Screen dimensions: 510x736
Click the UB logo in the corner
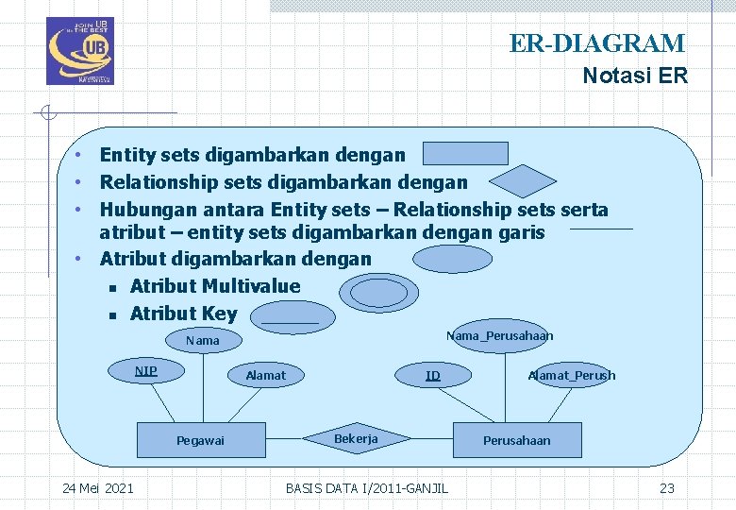79,51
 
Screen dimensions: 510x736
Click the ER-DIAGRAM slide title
597,43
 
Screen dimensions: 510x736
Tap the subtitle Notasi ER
635,76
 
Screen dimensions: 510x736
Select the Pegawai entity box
200,440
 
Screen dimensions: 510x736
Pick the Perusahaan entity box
516,440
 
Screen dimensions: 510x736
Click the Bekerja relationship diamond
356,439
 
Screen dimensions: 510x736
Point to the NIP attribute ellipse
146,371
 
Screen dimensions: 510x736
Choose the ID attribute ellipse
432,375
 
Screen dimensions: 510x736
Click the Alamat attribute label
265,375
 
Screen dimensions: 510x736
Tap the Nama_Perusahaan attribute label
499,336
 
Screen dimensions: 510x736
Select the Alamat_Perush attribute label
572,375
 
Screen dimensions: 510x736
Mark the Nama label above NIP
202,340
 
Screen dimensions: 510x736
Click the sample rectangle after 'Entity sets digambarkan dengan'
465,153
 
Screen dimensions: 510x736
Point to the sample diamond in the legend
526,181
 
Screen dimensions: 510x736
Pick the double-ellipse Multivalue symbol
378,294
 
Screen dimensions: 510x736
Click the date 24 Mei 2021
97,487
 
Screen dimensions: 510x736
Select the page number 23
667,487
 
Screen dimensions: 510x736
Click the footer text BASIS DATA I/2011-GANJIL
367,487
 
